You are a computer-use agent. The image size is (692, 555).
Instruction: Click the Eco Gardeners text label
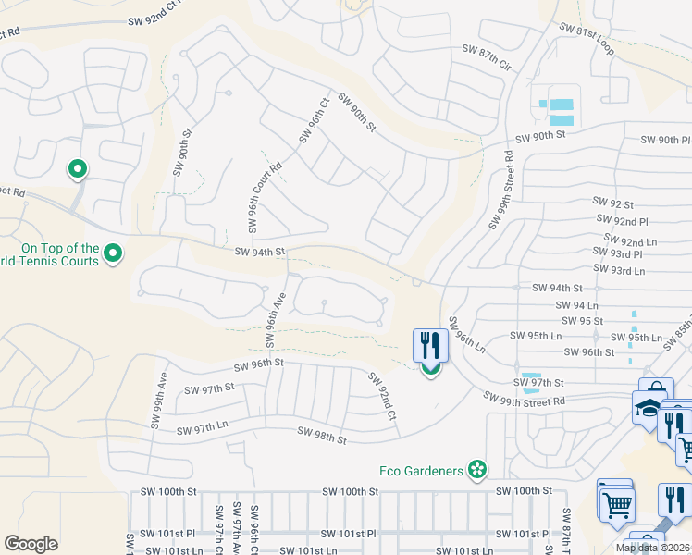pos(421,471)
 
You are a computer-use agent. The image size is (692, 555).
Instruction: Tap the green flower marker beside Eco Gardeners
pos(477,471)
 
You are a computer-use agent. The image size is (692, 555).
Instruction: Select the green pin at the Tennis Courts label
pos(113,253)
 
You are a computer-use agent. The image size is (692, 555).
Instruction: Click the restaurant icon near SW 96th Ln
pos(430,346)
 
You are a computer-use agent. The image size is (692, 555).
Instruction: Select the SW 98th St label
pos(321,434)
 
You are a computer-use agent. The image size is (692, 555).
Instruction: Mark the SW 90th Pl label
pos(666,140)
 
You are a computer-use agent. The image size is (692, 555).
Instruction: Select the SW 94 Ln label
pos(578,305)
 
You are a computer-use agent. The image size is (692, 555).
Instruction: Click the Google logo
pos(31,543)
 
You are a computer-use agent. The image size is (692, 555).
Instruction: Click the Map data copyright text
pos(652,548)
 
